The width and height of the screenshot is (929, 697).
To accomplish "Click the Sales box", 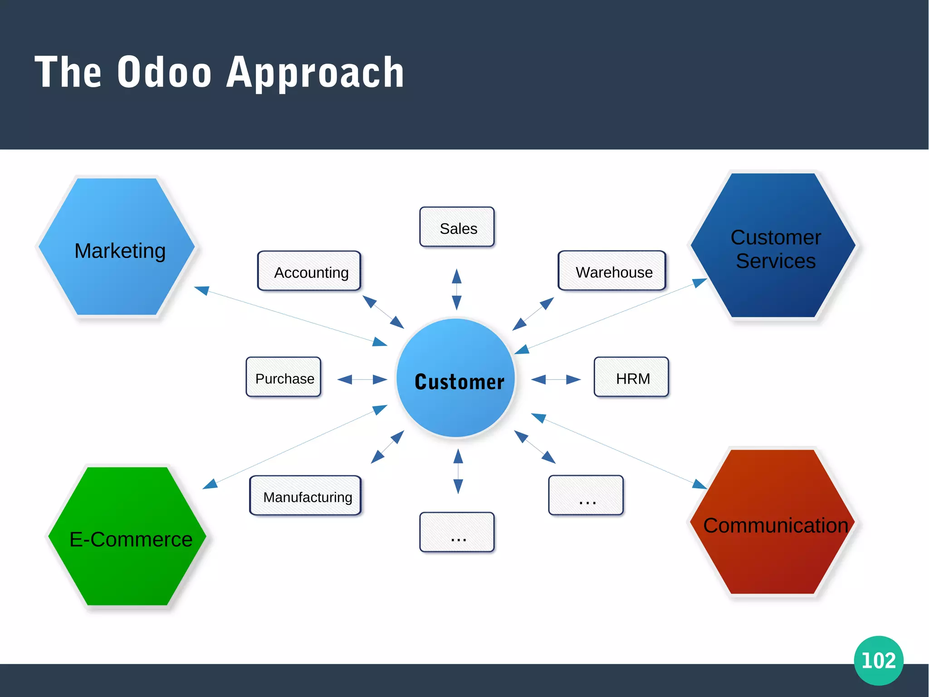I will pyautogui.click(x=457, y=227).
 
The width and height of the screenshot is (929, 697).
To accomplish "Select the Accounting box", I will pyautogui.click(x=309, y=271).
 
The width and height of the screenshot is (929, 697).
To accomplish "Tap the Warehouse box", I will pyautogui.click(x=612, y=271).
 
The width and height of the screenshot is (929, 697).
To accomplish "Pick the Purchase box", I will pyautogui.click(x=284, y=377).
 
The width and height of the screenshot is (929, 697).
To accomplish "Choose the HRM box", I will pyautogui.click(x=631, y=377).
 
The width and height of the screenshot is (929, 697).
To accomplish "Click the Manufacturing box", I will pyautogui.click(x=305, y=496).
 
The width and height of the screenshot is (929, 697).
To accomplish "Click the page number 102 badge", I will pyautogui.click(x=878, y=660).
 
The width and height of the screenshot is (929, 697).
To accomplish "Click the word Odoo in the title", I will pyautogui.click(x=164, y=73).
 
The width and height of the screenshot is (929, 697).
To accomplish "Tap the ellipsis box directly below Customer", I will pyautogui.click(x=457, y=533).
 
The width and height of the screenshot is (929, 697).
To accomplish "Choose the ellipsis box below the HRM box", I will pyautogui.click(x=586, y=496).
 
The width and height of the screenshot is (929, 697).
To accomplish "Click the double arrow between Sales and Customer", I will pyautogui.click(x=457, y=289).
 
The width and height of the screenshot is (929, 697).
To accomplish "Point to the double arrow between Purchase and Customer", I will pyautogui.click(x=362, y=379).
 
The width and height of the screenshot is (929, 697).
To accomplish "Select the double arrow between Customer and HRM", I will pyautogui.click(x=556, y=379).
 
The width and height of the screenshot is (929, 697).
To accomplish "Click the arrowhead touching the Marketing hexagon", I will pyautogui.click(x=202, y=290).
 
